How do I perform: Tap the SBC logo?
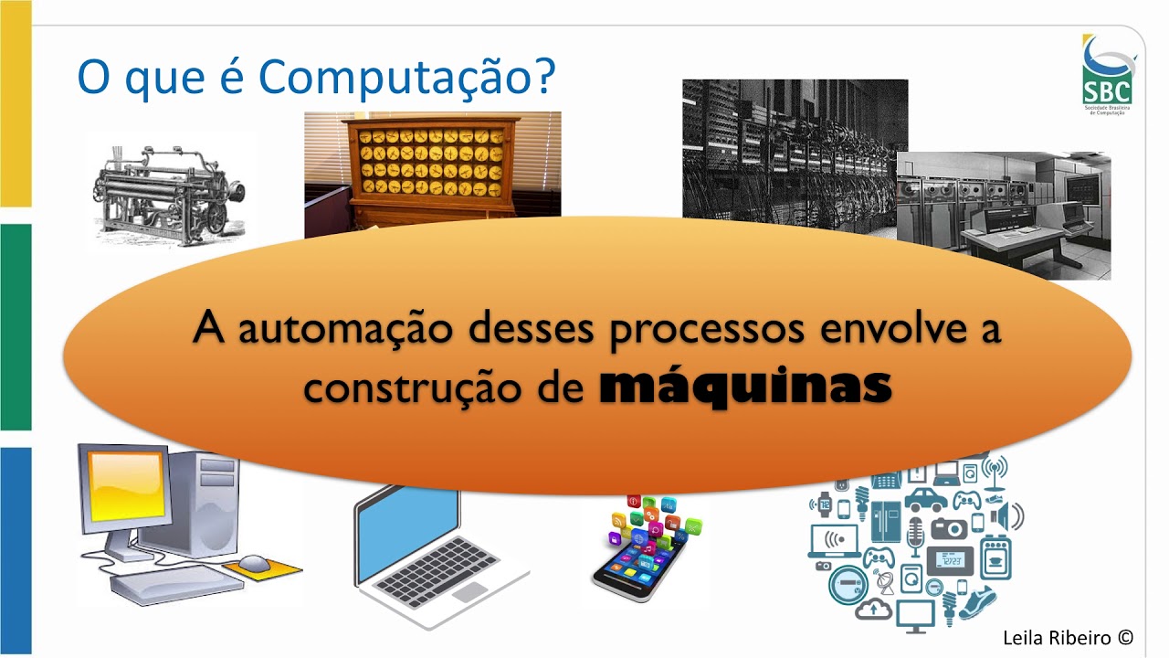click(1107, 73)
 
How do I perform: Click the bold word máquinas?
click(745, 387)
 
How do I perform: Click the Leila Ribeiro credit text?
click(1067, 637)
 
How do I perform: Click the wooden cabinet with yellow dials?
click(432, 164)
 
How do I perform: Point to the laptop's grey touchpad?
click(470, 591)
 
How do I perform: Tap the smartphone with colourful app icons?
click(644, 548)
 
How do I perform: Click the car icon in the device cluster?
click(926, 500)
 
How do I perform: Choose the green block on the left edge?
click(16, 326)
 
